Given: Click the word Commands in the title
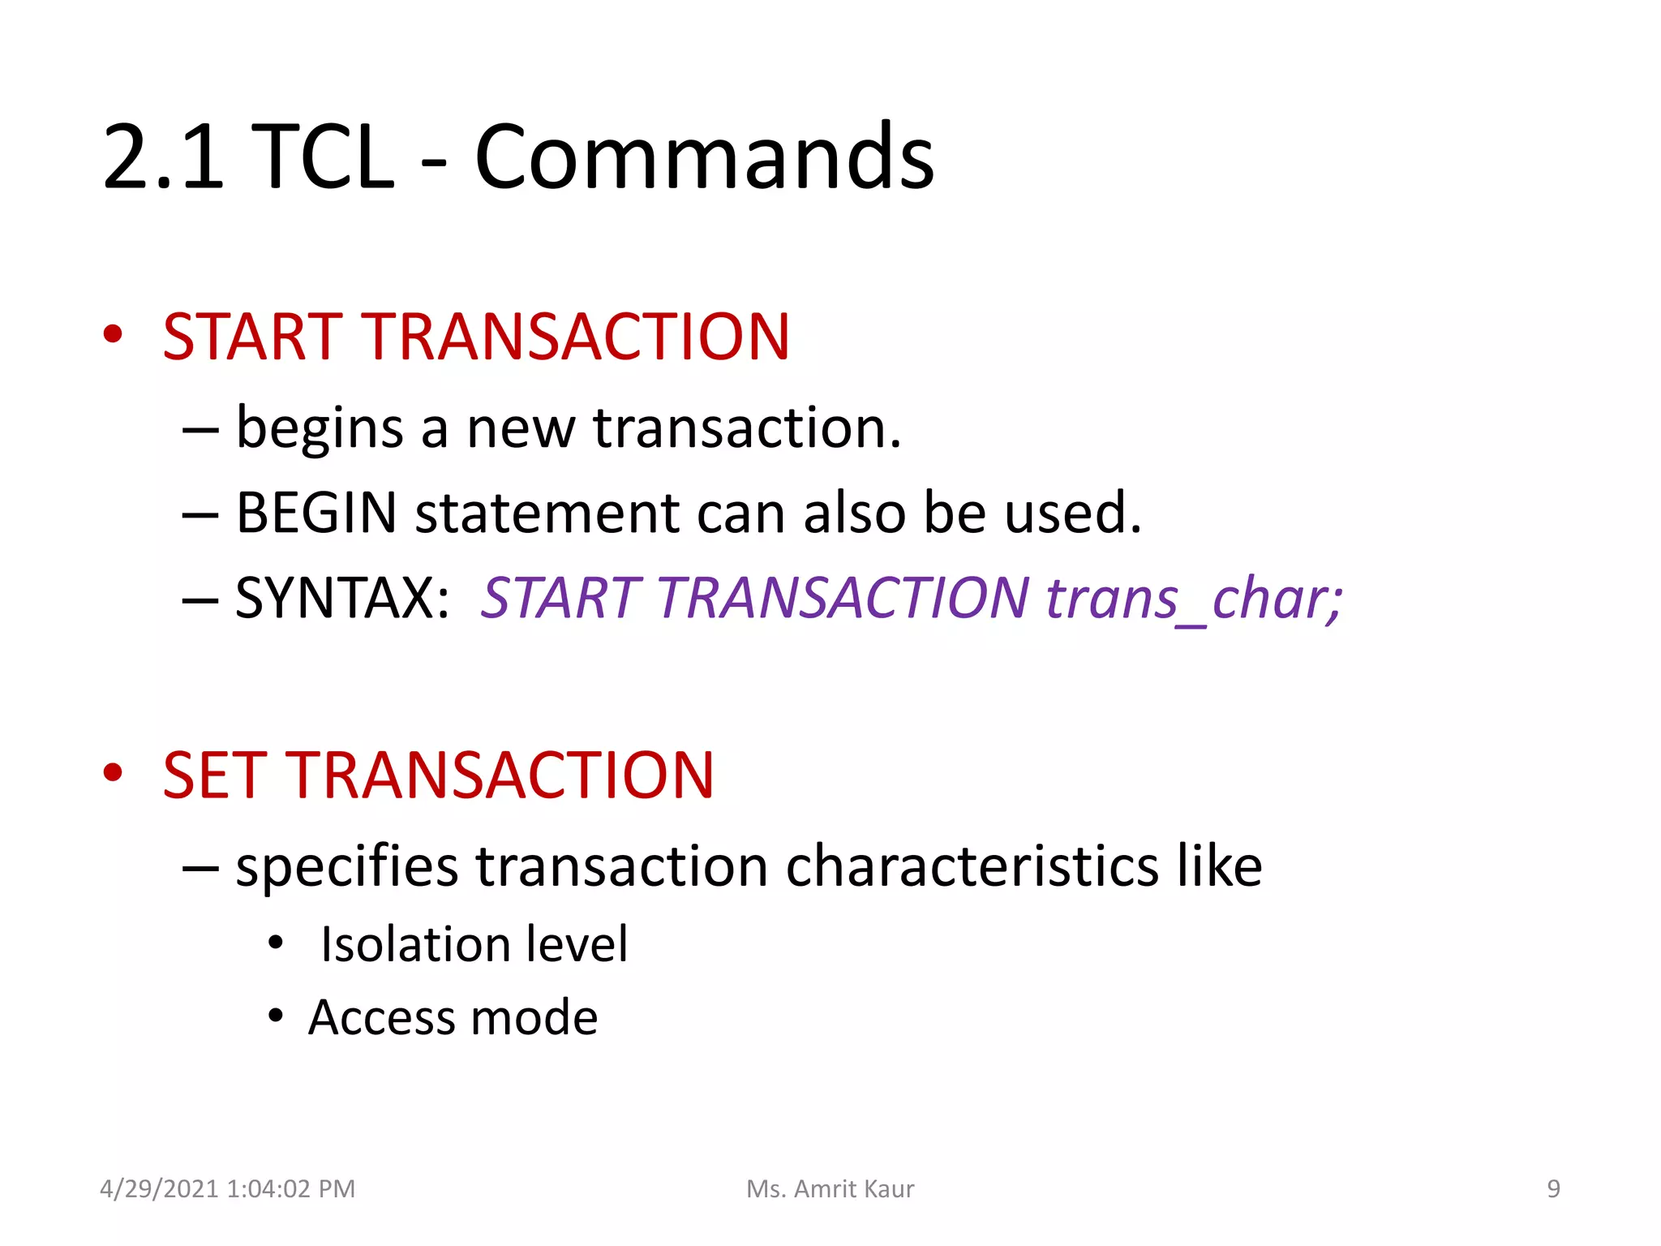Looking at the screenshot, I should click(704, 157).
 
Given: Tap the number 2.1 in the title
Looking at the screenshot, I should click(163, 157).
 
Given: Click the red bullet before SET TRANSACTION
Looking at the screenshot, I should click(113, 772).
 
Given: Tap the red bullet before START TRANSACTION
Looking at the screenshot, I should click(113, 333).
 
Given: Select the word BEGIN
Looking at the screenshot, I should click(316, 513).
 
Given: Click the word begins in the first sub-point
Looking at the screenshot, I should click(320, 429).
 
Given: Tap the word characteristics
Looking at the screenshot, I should click(972, 866).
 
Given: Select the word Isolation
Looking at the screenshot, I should click(416, 944).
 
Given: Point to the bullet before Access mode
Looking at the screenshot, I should click(276, 1015).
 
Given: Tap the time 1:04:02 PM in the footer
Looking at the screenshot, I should click(291, 1188).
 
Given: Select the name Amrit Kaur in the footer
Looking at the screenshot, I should click(853, 1188).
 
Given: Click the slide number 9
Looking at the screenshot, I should click(1553, 1188).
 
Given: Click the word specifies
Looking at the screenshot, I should click(347, 866).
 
